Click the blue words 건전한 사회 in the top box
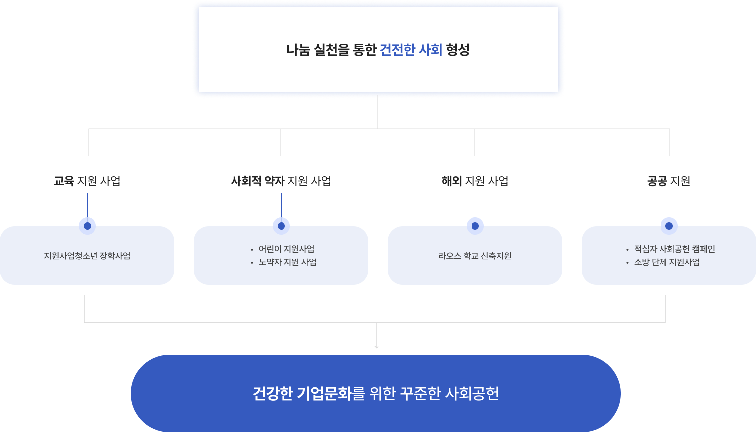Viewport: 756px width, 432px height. [x=411, y=50]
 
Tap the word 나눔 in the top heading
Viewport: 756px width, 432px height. [x=298, y=50]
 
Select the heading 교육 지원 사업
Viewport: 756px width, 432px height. [x=87, y=181]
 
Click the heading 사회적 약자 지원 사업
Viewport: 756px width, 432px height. [x=281, y=181]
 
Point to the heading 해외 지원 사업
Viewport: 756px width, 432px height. [x=475, y=181]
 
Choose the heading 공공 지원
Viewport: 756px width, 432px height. [x=668, y=181]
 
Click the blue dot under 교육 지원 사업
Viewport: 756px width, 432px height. [x=87, y=226]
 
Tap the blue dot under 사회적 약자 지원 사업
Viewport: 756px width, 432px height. [x=281, y=226]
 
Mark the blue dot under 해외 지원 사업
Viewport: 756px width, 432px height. [x=475, y=226]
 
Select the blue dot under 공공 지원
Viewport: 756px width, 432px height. [x=669, y=226]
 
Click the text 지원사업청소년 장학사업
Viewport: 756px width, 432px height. [x=87, y=256]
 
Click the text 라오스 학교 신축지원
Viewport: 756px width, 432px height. [x=475, y=256]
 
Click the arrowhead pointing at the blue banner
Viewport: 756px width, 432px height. [x=377, y=346]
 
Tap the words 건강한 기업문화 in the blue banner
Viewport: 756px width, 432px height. [x=302, y=393]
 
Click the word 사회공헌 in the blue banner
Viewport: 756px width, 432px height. [x=472, y=393]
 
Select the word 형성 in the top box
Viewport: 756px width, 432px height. [x=458, y=50]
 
